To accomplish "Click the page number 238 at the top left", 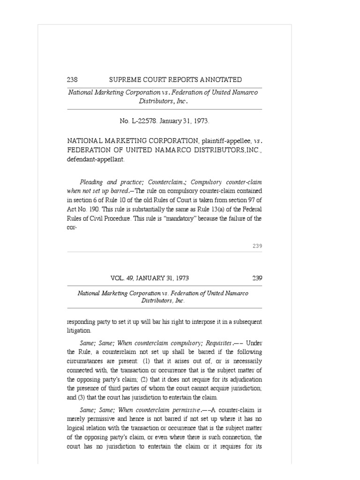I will tap(73, 80).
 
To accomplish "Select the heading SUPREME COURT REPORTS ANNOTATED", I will tap(175, 80).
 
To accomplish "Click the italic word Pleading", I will tap(91, 182).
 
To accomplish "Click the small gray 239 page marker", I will tap(257, 246).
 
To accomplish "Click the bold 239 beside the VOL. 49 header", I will tap(257, 278).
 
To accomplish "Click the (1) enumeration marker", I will tap(172, 361).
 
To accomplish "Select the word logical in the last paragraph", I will tap(76, 428).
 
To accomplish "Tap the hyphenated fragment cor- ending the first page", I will tap(72, 228).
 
